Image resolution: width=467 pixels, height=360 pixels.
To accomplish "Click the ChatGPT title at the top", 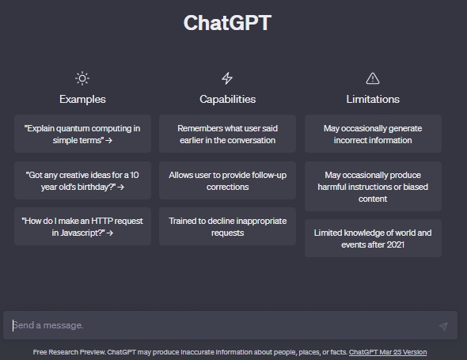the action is (x=227, y=23).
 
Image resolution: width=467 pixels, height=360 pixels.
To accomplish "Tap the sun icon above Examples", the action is (x=82, y=78).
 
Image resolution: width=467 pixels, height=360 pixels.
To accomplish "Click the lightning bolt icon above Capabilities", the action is (x=227, y=78).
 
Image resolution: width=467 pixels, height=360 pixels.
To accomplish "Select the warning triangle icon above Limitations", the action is (x=373, y=78).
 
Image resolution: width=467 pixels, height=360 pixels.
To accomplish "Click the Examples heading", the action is (x=82, y=99).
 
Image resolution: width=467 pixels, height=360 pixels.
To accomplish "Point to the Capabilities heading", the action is (x=227, y=99).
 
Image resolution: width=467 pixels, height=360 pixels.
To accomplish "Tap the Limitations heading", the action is (x=373, y=99).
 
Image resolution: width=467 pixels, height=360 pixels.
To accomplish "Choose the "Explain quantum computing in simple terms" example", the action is (x=82, y=134).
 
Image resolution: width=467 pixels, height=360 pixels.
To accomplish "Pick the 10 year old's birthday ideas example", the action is (x=82, y=180).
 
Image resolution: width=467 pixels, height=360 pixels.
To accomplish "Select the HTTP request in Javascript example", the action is (x=82, y=226).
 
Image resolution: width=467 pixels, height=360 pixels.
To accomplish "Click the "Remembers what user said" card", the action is (x=227, y=134).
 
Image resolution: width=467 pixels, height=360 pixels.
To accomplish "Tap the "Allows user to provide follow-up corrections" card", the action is (x=227, y=180).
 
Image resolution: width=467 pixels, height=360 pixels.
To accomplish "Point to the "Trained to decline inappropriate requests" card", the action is (x=227, y=226).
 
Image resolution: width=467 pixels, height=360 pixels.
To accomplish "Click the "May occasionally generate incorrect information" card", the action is (x=373, y=134).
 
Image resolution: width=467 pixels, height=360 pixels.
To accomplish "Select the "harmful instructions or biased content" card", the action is (x=373, y=187).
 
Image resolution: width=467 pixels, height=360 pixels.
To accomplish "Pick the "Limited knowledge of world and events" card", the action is (x=373, y=238).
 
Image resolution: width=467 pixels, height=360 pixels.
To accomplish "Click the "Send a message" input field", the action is (x=220, y=325).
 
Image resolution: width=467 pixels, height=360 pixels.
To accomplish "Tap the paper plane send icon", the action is (x=443, y=326).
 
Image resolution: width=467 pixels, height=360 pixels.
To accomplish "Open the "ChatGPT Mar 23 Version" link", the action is (x=388, y=352).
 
